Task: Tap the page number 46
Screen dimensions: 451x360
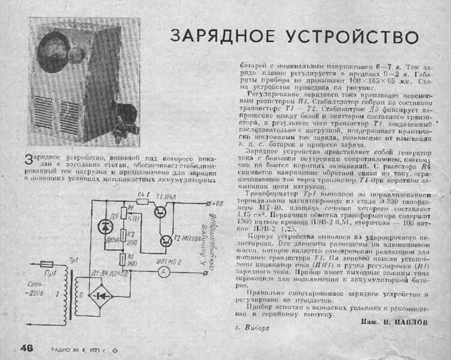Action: (x=27, y=348)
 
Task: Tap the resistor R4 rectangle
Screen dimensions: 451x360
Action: (x=142, y=202)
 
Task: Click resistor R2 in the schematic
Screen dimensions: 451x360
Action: (x=123, y=235)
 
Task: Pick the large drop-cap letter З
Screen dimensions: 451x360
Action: (x=28, y=160)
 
